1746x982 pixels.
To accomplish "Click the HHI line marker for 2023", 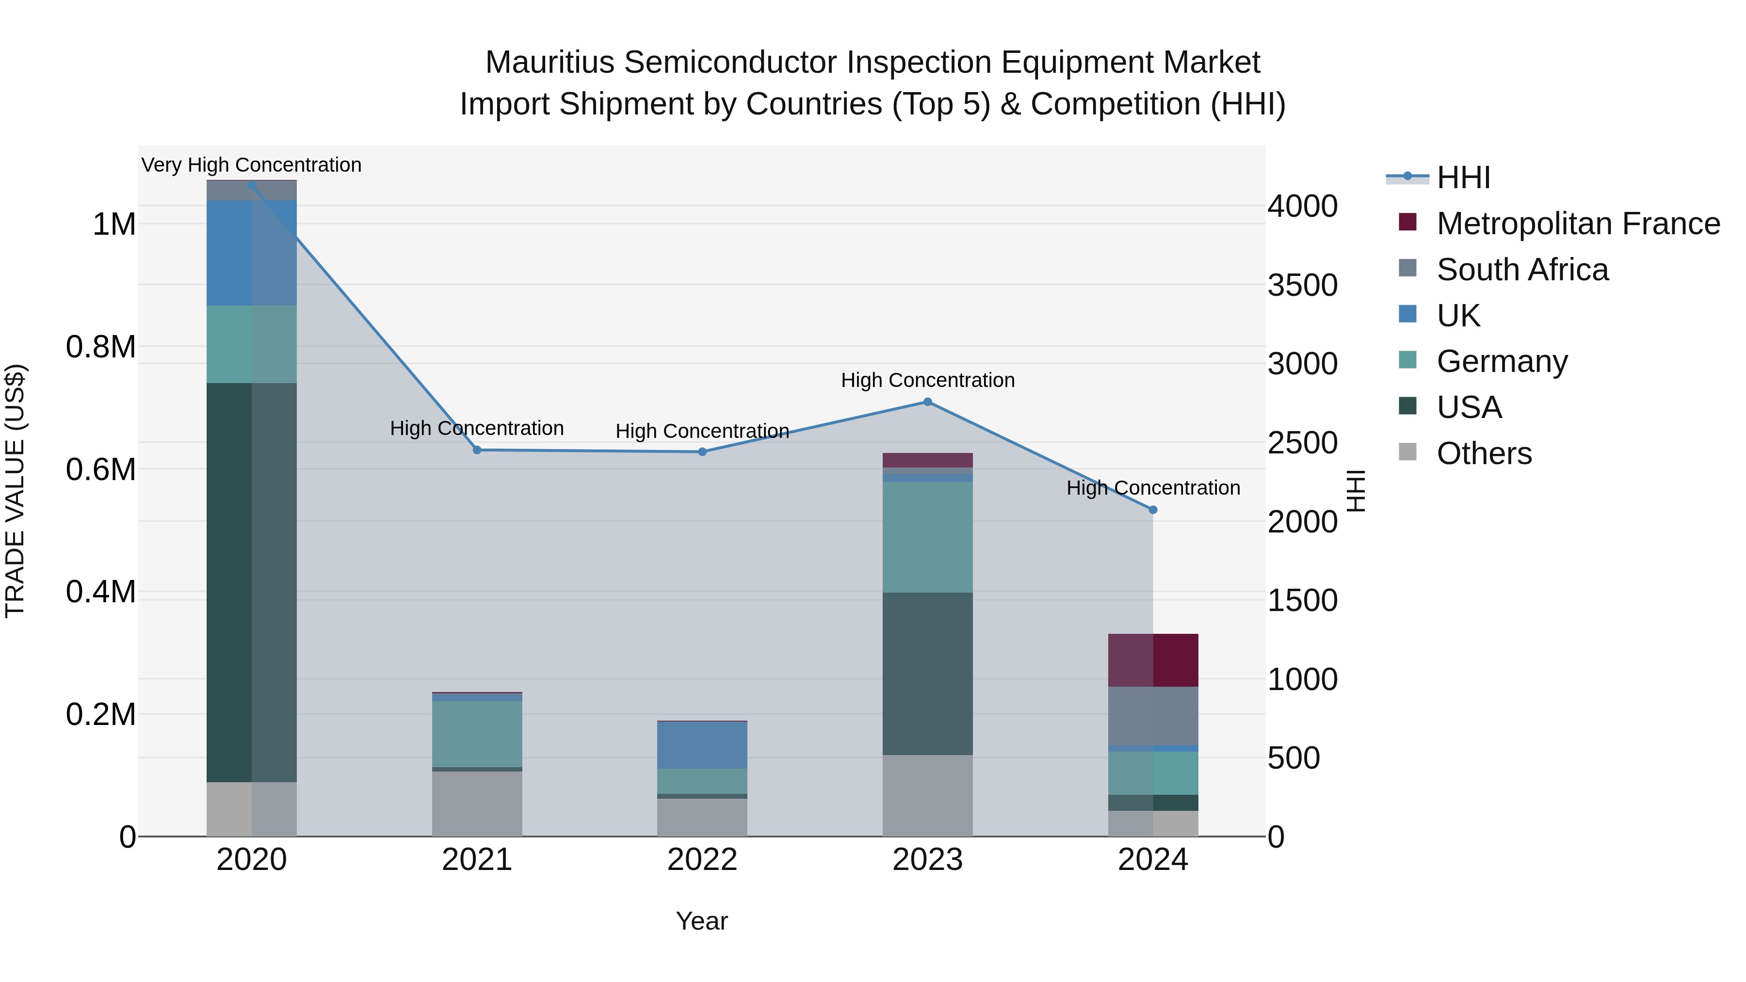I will [927, 402].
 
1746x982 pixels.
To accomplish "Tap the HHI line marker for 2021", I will [476, 450].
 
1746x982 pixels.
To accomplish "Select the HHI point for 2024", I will [1153, 510].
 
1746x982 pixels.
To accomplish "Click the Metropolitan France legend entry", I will [1577, 224].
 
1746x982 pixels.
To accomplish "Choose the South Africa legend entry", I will [1521, 270].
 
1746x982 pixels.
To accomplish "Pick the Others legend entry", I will [1484, 453].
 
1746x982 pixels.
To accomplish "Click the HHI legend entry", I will [1463, 177].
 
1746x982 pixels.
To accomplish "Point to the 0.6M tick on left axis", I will [100, 469].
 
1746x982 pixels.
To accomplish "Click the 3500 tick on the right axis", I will [1302, 285].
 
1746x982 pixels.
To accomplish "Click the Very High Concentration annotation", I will [251, 165].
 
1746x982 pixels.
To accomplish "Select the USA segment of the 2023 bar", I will [927, 673].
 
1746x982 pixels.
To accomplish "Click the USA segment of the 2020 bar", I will [251, 583].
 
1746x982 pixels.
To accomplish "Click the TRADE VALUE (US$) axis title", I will [15, 491].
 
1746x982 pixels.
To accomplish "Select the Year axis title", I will [701, 921].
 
